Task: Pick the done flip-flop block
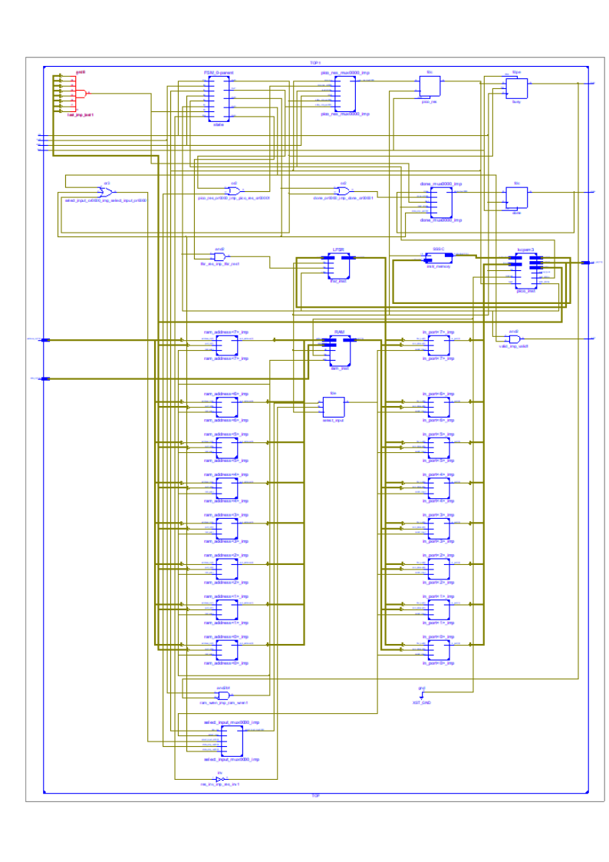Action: pos(516,197)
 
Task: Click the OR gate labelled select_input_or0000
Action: pos(107,192)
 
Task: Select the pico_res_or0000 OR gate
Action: pos(234,190)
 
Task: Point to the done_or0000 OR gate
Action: pos(344,190)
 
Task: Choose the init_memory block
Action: pos(437,258)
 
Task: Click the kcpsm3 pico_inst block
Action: pos(525,269)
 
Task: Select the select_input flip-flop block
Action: pos(334,406)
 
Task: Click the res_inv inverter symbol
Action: pos(219,779)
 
